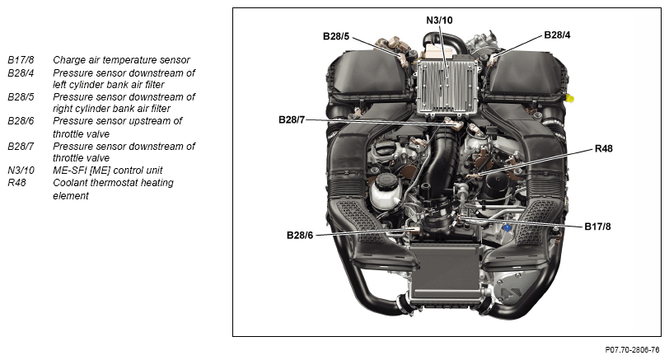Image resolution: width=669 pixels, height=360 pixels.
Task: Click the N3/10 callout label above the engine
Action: coord(439,20)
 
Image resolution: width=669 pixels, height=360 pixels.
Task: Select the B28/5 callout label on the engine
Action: coord(336,36)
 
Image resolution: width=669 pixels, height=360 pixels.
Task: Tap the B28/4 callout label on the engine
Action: coord(557,35)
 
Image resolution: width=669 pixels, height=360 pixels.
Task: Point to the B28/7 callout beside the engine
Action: coord(292,119)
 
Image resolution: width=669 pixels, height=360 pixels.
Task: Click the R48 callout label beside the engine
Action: coord(603,148)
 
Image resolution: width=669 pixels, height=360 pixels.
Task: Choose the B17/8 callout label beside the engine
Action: coord(597,227)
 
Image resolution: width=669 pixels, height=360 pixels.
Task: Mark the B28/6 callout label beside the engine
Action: coord(300,235)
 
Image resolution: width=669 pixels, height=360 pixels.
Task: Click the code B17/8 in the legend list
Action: coord(21,60)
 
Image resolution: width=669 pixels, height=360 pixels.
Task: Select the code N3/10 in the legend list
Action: coord(21,171)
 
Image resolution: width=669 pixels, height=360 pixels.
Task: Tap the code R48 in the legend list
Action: coord(16,183)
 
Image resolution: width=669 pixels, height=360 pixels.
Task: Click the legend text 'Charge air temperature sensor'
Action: coord(121,60)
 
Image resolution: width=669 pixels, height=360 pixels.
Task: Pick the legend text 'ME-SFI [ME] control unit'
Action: coord(107,171)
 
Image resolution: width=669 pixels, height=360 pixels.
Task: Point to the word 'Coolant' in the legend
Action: coord(70,183)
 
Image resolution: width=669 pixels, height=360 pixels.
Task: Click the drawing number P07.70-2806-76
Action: coord(632,350)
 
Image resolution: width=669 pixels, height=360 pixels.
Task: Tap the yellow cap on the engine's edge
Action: coord(570,99)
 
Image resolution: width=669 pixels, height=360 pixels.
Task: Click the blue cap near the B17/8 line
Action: coord(507,227)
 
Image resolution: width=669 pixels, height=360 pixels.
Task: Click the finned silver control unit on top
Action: coord(447,87)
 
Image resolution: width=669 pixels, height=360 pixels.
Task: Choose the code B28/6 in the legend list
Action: coord(21,121)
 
